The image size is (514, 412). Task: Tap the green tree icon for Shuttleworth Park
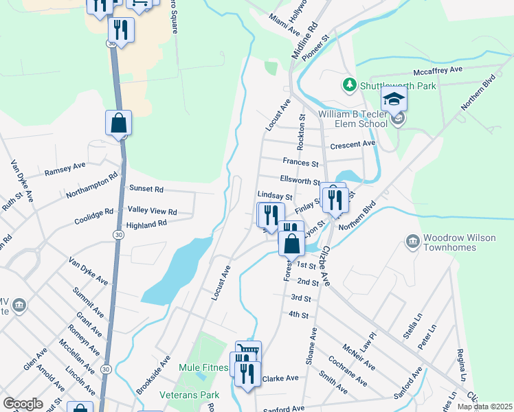point(350,84)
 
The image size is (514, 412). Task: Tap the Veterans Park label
point(189,396)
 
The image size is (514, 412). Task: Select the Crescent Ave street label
point(353,144)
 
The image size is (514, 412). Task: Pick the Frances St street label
point(300,163)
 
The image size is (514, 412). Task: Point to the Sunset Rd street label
point(146,188)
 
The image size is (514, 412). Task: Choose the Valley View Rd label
point(153,211)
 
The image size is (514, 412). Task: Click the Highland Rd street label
point(146,224)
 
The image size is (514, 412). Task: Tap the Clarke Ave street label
point(280,378)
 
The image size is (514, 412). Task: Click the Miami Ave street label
point(285,24)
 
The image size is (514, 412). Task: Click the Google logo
point(23,403)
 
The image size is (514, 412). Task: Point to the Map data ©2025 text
point(484,407)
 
